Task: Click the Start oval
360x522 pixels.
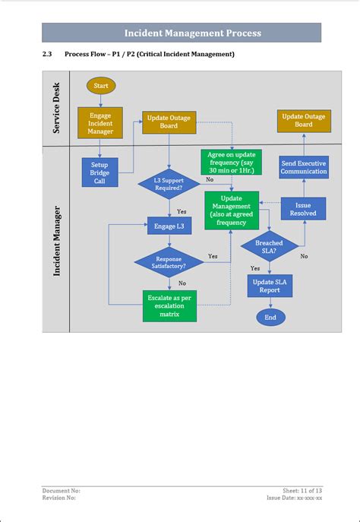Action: click(101, 86)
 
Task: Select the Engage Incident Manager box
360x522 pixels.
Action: click(100, 123)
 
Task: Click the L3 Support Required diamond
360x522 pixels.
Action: click(169, 185)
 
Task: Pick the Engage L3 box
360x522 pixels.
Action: click(169, 226)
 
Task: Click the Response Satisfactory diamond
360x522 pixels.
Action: click(169, 262)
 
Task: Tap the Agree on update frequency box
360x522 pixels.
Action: click(232, 163)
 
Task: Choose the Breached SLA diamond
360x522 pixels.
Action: click(269, 247)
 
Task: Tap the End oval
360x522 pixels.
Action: click(270, 317)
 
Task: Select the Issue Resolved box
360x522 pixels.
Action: click(304, 209)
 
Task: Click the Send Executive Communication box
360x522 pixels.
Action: click(304, 168)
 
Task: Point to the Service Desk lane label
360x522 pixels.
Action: click(56, 108)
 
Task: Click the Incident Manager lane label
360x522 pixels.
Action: click(56, 239)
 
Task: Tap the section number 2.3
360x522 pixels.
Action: click(46, 55)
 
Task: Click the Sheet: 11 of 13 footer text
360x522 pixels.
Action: click(302, 492)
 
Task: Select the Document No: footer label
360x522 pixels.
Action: click(61, 492)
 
